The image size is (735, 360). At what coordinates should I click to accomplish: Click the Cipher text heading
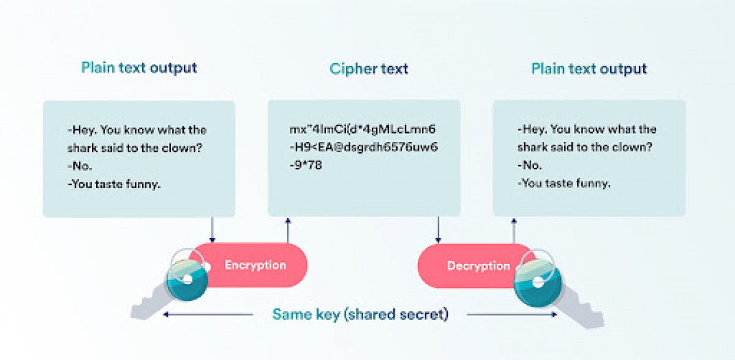click(x=369, y=69)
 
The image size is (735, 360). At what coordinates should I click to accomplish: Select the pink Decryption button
click(x=476, y=266)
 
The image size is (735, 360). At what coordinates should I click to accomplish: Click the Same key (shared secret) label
click(x=360, y=315)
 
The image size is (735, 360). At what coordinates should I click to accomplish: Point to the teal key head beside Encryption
click(x=187, y=280)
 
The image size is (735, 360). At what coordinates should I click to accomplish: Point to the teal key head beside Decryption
click(x=538, y=283)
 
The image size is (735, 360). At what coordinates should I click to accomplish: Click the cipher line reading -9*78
click(x=306, y=165)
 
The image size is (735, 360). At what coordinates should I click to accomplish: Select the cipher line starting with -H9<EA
click(x=364, y=147)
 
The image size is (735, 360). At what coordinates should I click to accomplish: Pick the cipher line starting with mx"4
click(x=362, y=129)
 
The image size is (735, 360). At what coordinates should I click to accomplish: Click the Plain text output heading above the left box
click(x=139, y=68)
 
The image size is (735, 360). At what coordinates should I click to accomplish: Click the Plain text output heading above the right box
click(x=589, y=69)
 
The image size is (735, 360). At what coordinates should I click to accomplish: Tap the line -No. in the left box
click(x=80, y=166)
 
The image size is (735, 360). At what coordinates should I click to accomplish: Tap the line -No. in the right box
click(x=530, y=165)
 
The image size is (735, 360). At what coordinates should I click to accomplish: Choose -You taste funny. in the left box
click(x=114, y=184)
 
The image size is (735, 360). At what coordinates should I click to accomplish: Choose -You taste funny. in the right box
click(x=563, y=183)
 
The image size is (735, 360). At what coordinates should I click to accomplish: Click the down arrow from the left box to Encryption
click(x=213, y=230)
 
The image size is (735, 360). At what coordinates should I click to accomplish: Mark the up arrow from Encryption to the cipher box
click(x=288, y=230)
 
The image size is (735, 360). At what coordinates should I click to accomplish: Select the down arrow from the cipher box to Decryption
click(x=438, y=230)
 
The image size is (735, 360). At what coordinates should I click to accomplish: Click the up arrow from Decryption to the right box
click(x=514, y=231)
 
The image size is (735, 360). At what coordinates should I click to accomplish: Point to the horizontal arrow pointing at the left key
click(x=208, y=315)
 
